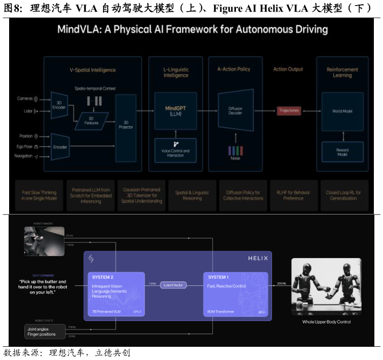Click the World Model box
[x=342, y=110]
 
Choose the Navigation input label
[x=23, y=156]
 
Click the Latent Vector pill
[x=173, y=285]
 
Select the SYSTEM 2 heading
[x=103, y=277]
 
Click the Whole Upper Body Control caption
[x=326, y=321]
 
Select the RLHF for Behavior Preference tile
[x=294, y=195]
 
